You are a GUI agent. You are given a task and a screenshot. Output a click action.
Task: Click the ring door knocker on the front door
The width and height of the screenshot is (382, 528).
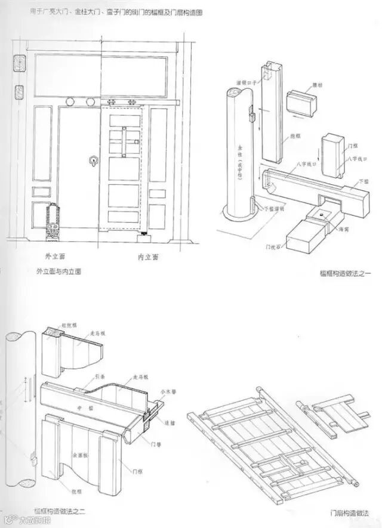93,160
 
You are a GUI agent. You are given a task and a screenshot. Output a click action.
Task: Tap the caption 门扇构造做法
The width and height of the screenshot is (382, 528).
349,512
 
